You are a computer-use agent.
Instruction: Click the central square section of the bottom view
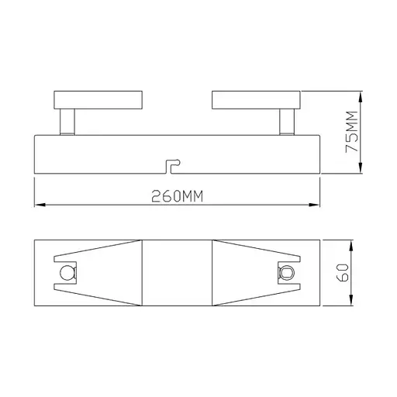click(177, 273)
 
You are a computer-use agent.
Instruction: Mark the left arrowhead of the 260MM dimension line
click(40, 205)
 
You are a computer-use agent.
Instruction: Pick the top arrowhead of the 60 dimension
click(354, 243)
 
